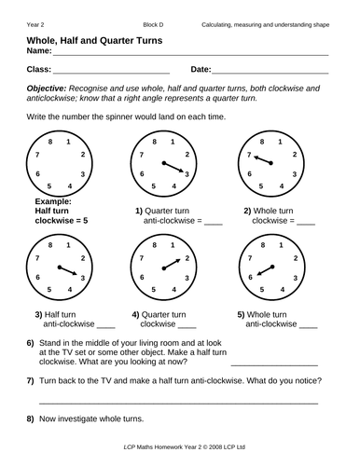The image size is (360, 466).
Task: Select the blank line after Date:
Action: click(270, 72)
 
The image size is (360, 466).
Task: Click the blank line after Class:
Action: click(111, 72)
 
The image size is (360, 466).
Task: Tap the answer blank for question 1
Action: click(213, 224)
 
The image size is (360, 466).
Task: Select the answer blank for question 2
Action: click(305, 224)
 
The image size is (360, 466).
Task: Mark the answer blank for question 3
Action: click(104, 326)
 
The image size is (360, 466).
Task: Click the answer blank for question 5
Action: click(308, 326)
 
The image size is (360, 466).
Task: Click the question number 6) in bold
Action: click(32, 345)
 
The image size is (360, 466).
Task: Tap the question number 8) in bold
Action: click(32, 420)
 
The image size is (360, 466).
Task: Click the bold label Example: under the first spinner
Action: click(56, 201)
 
